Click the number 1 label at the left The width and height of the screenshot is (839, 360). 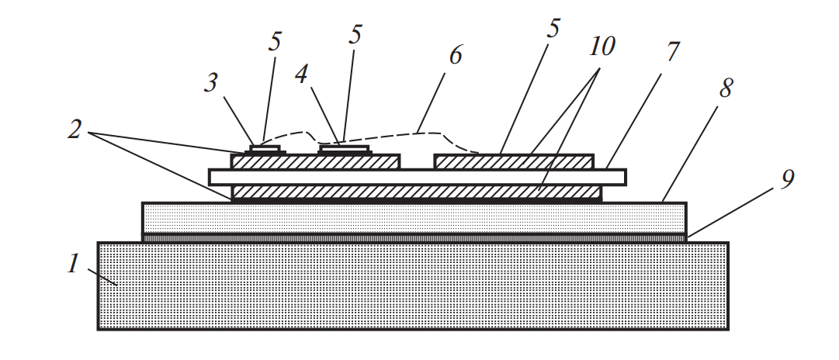73,265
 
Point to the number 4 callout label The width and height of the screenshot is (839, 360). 303,74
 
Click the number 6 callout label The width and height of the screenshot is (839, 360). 456,56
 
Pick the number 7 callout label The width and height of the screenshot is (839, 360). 673,53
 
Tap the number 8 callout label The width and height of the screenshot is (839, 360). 725,88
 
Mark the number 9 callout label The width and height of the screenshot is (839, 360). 786,180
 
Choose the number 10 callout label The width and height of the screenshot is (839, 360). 602,47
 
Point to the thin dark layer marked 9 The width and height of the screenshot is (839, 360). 411,237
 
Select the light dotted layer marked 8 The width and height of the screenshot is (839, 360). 411,218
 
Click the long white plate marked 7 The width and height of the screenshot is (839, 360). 417,177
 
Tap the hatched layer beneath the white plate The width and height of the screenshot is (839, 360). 417,192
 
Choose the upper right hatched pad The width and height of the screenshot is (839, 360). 514,161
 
